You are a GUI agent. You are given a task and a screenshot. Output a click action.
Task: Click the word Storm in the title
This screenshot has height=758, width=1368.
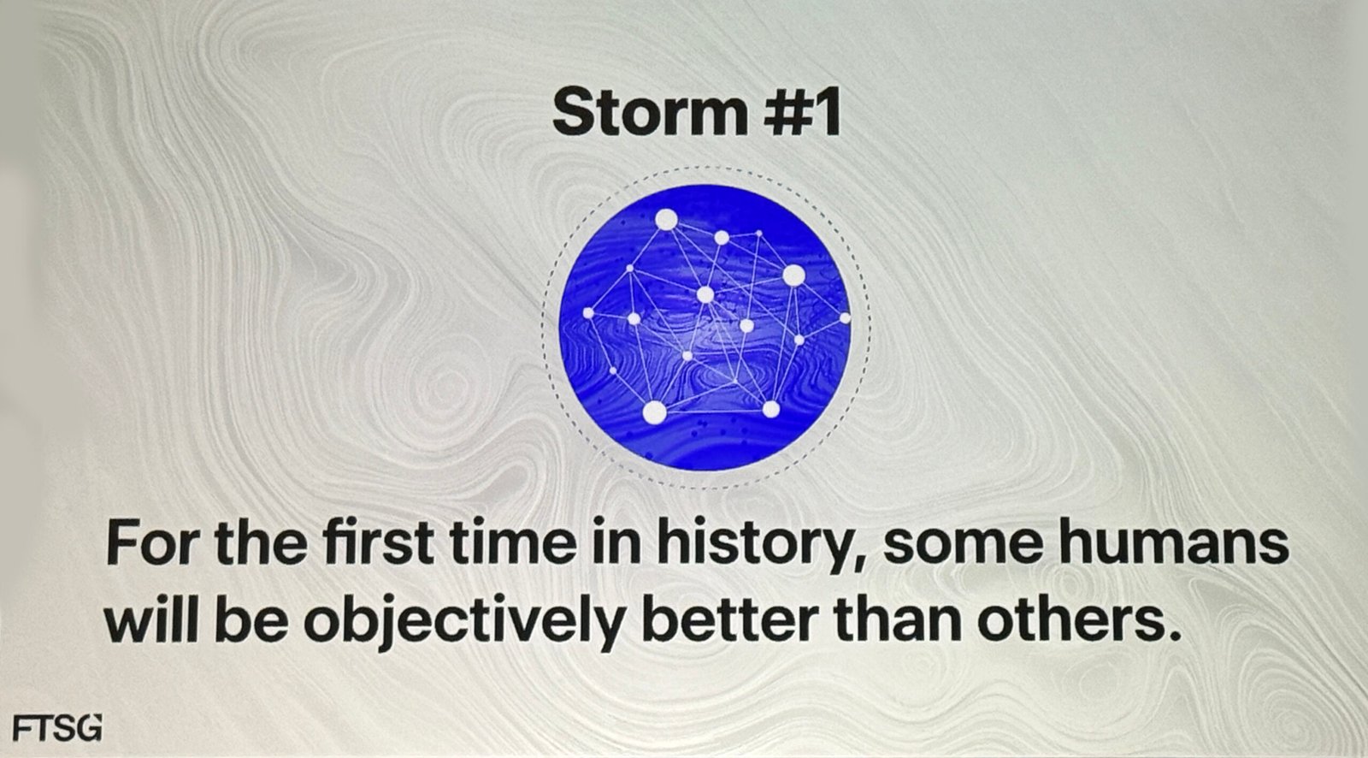click(649, 113)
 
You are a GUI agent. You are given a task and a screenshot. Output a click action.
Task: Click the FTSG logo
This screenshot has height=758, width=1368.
click(56, 728)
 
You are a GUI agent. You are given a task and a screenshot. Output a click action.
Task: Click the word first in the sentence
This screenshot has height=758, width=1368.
click(379, 542)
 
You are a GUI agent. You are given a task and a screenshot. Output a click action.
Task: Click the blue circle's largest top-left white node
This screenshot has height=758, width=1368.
click(666, 220)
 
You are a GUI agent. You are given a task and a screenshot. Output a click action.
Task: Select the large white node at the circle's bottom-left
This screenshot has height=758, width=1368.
click(655, 412)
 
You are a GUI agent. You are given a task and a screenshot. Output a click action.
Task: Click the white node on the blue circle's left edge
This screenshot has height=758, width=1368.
click(588, 313)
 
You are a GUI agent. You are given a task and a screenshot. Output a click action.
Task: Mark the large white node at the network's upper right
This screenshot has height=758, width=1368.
click(794, 275)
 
